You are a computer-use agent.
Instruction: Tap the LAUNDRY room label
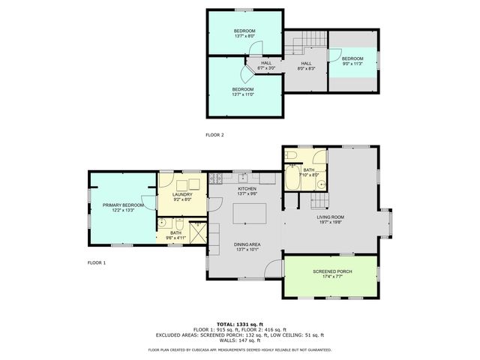[x=182, y=195]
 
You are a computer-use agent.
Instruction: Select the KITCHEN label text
[x=247, y=189]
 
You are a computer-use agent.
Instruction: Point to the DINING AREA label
[x=247, y=245]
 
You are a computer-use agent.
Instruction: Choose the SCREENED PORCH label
[x=330, y=274]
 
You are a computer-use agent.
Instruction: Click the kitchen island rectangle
[x=250, y=214]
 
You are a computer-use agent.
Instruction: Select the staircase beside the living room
[x=319, y=200]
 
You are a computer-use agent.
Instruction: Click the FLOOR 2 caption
[x=215, y=135]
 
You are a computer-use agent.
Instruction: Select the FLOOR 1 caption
[x=97, y=262]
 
